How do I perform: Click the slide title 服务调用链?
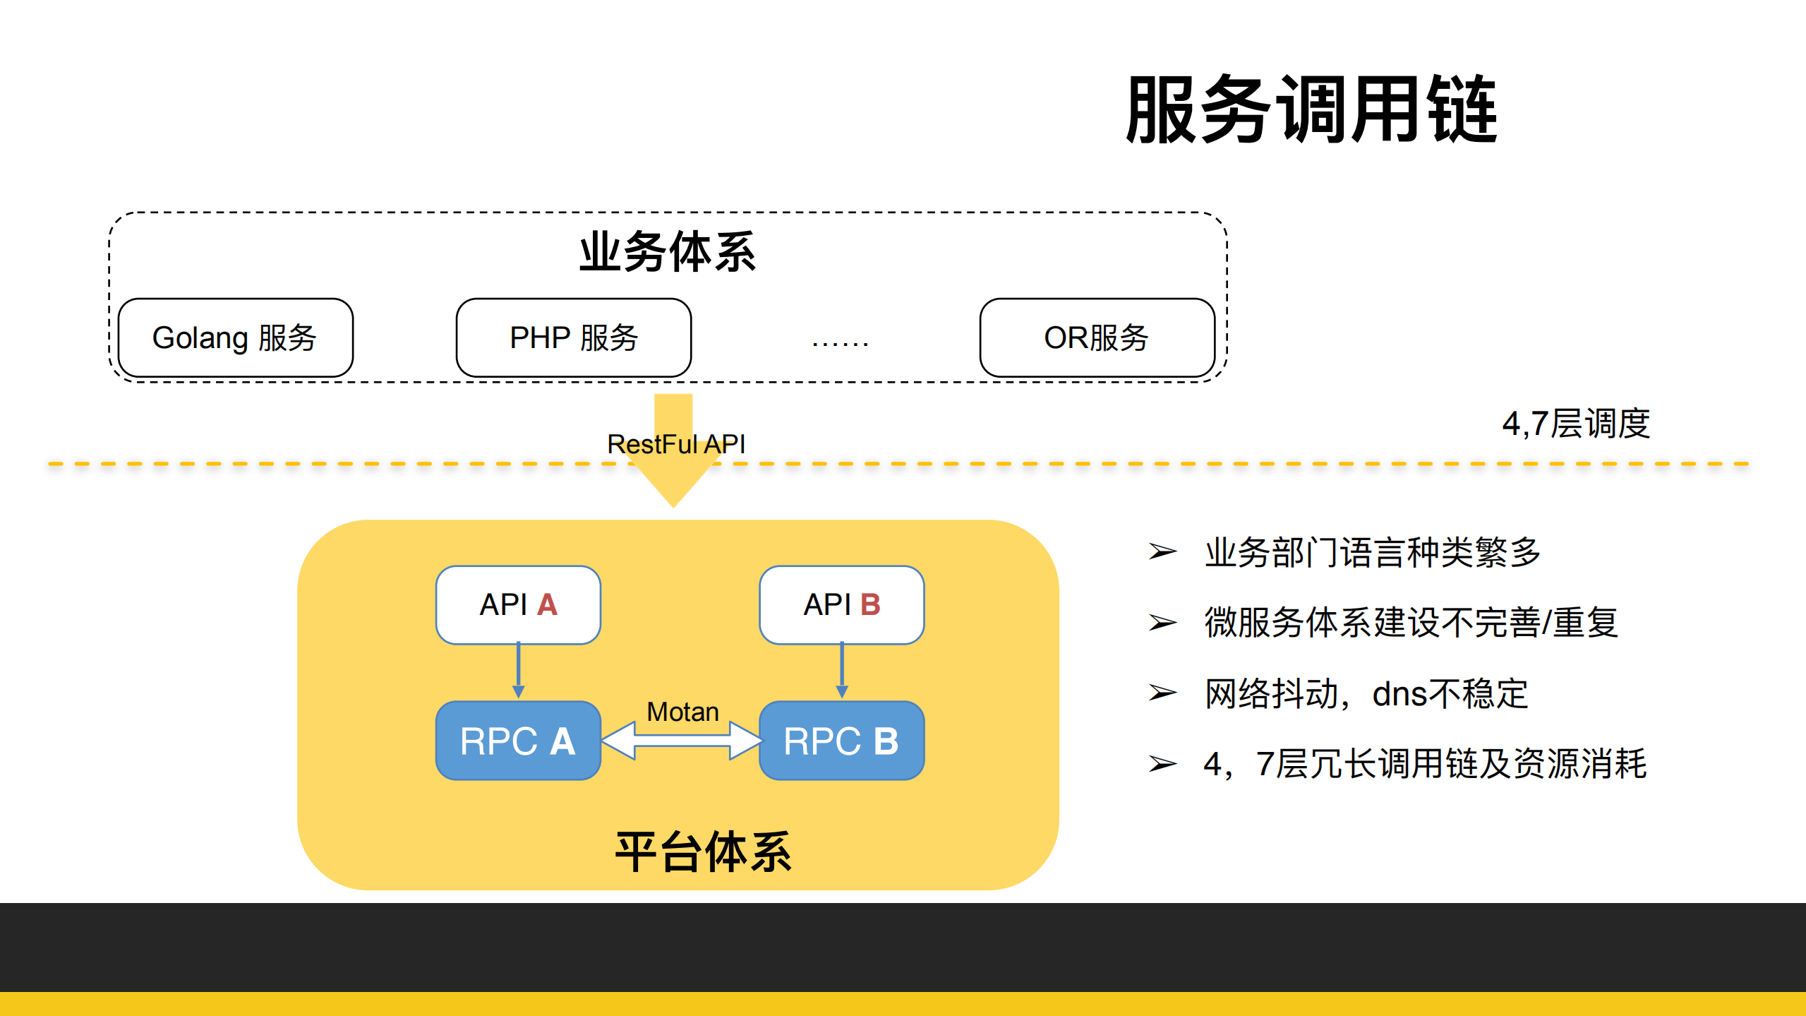pyautogui.click(x=1311, y=110)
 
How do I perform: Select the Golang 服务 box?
pyautogui.click(x=235, y=337)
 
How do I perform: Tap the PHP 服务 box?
pyautogui.click(x=573, y=337)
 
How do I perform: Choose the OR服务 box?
pyautogui.click(x=1096, y=337)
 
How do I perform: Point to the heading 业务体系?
pyautogui.click(x=667, y=252)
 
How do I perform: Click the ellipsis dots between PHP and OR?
pyautogui.click(x=840, y=343)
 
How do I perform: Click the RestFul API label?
pyautogui.click(x=675, y=444)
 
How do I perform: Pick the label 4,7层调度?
pyautogui.click(x=1575, y=424)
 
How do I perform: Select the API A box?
pyautogui.click(x=518, y=604)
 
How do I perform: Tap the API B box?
pyautogui.click(x=841, y=604)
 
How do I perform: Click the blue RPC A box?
pyautogui.click(x=518, y=741)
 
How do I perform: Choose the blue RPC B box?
pyautogui.click(x=841, y=741)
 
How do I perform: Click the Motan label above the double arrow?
pyautogui.click(x=682, y=712)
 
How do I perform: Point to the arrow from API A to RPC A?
pyautogui.click(x=518, y=671)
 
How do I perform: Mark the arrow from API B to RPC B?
pyautogui.click(x=841, y=671)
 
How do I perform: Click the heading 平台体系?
pyautogui.click(x=703, y=851)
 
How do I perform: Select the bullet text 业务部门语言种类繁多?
pyautogui.click(x=1372, y=552)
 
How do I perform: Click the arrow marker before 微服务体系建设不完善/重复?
pyautogui.click(x=1162, y=623)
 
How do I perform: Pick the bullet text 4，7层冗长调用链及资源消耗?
pyautogui.click(x=1424, y=764)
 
